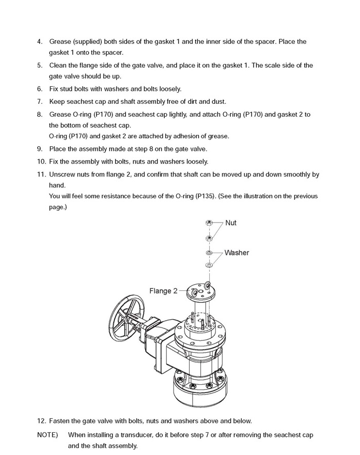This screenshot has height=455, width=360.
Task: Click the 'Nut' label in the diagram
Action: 231,223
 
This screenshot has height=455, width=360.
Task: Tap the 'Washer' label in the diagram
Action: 237,253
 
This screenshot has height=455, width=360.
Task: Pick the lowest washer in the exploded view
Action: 209,265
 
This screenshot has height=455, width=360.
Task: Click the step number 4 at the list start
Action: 40,41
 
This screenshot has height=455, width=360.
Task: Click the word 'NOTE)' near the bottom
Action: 48,435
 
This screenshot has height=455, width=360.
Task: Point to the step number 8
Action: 40,114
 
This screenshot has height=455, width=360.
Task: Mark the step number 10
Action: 42,162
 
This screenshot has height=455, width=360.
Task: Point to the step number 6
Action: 40,89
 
